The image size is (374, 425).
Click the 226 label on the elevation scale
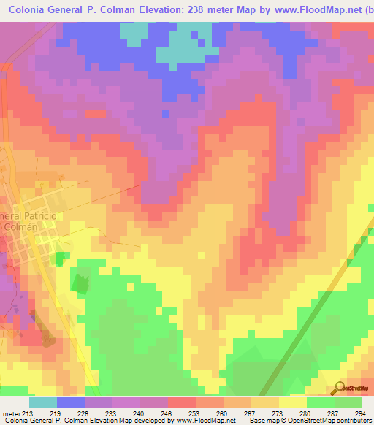tap(84, 414)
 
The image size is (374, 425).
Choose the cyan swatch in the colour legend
tap(42, 402)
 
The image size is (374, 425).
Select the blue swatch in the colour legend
tap(70, 402)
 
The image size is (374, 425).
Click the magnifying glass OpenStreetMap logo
tap(340, 387)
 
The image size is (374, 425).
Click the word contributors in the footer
tap(353, 421)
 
